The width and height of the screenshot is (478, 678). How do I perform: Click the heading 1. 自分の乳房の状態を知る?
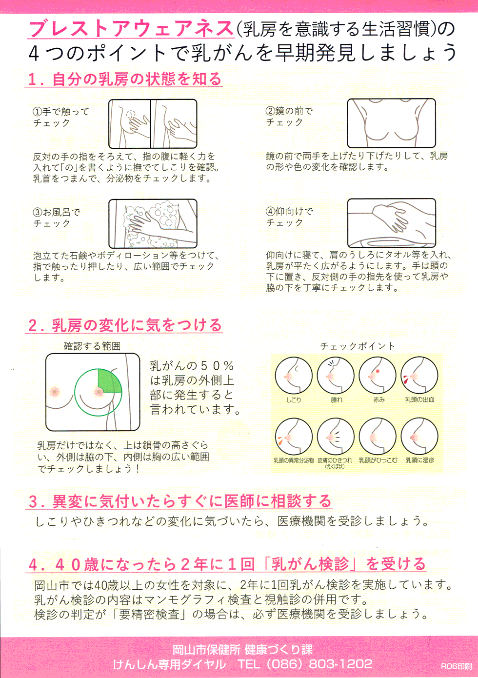coord(124,79)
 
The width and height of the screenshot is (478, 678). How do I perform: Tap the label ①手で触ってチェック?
coord(61,117)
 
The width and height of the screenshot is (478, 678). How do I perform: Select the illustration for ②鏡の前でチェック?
coord(391,123)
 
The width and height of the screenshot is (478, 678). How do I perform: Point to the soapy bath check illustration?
coord(153,224)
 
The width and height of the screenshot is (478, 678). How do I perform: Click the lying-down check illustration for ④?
coord(391,223)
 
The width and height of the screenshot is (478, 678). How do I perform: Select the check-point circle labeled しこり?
coord(293,376)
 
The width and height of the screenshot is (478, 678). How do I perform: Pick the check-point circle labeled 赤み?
coord(378,376)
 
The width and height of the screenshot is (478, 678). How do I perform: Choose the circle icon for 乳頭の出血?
coord(419,376)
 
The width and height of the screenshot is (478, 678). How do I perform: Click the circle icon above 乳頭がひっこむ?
coord(378,437)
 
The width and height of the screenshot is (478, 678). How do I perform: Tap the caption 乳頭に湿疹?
coord(420,460)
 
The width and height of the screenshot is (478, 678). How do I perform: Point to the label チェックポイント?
coord(357,346)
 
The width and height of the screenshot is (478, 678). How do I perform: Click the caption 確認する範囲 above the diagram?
coord(92,346)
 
